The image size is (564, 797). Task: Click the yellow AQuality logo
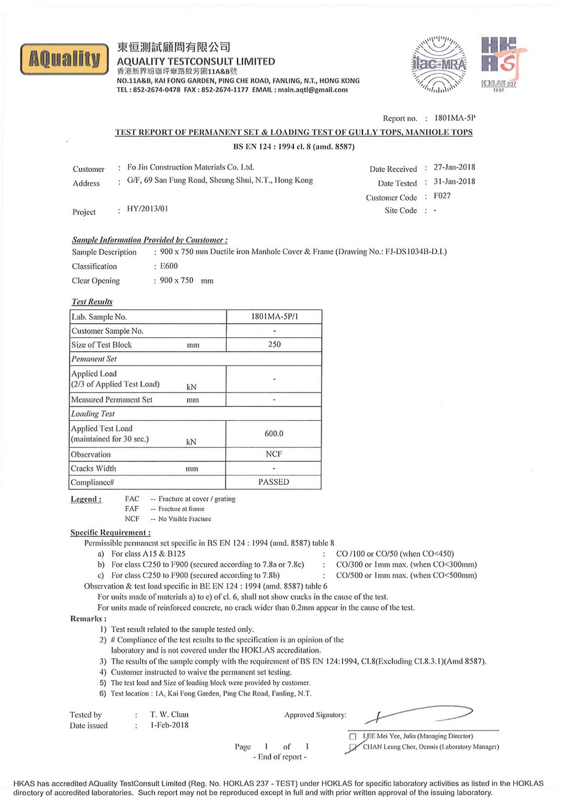64,59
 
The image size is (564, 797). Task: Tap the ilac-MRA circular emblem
439,64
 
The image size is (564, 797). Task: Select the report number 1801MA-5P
455,118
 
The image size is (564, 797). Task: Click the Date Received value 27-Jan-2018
454,167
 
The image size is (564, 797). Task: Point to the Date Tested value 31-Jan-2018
454,182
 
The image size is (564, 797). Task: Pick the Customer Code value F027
442,196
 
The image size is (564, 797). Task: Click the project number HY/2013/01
148,209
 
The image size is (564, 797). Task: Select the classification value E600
169,266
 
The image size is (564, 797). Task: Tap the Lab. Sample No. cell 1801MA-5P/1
274,316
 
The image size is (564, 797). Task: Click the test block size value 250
274,345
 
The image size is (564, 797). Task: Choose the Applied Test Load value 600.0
274,433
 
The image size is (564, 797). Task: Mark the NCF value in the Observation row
274,454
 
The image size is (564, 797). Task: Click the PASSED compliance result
274,482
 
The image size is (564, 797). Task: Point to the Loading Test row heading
93,413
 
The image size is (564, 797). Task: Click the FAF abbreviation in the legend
132,509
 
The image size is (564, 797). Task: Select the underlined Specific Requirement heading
110,533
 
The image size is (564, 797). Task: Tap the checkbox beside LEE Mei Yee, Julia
353,736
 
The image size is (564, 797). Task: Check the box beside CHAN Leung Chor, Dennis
353,747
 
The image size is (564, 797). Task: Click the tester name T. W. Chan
169,714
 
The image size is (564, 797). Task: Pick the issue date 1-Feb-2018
169,725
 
